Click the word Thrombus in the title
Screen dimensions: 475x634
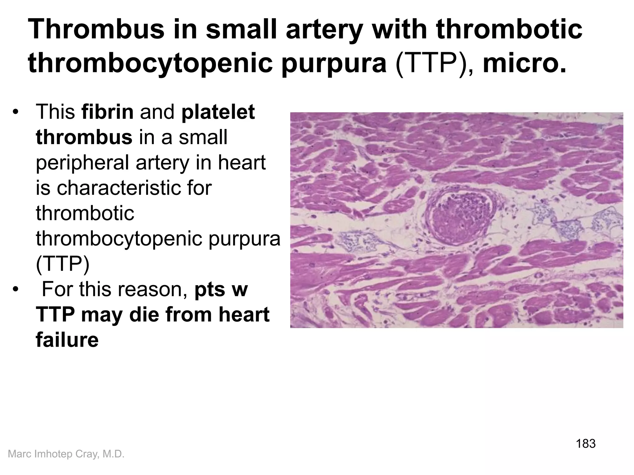pyautogui.click(x=96, y=30)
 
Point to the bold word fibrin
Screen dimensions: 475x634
pyautogui.click(x=107, y=112)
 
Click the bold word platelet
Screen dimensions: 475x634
pyautogui.click(x=218, y=112)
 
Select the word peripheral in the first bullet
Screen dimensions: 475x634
pyautogui.click(x=82, y=163)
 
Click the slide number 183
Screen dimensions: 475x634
pyautogui.click(x=585, y=444)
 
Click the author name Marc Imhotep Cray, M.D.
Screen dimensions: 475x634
pyautogui.click(x=66, y=454)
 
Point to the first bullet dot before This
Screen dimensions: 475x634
pyautogui.click(x=16, y=112)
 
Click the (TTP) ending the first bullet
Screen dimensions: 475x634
pyautogui.click(x=63, y=264)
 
